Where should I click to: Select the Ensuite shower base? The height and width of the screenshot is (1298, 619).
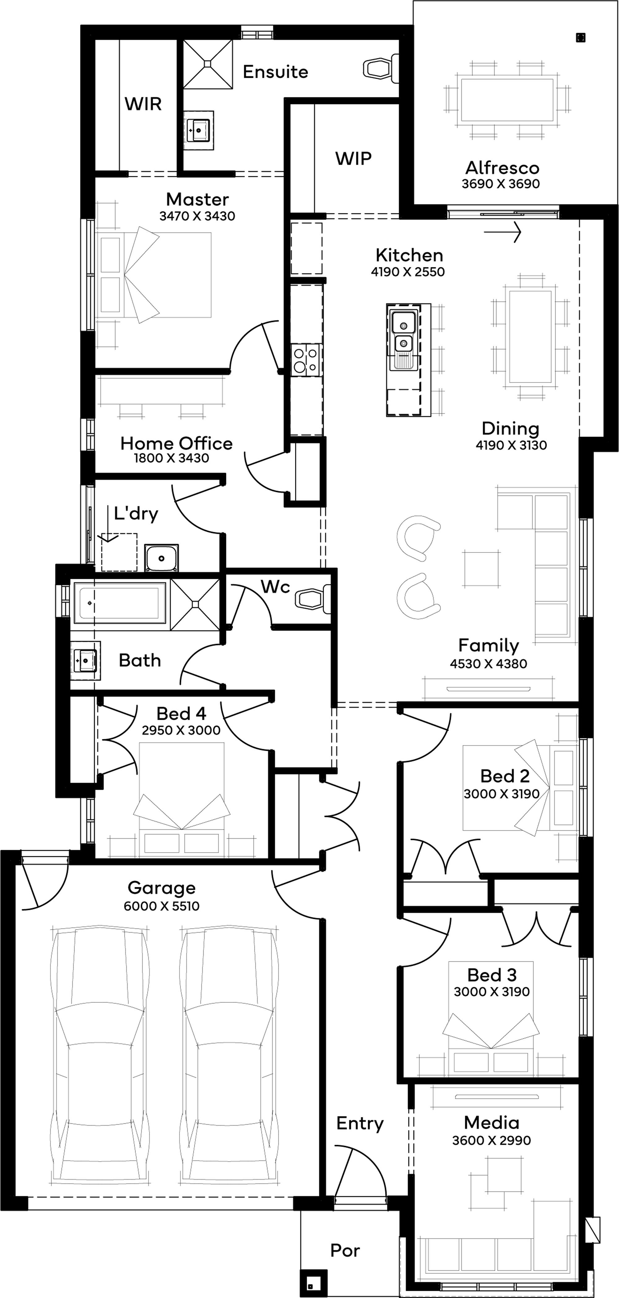tap(207, 63)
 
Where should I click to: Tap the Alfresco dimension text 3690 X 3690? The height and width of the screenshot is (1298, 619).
tap(501, 184)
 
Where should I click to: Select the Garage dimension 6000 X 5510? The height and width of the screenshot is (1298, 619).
tap(162, 906)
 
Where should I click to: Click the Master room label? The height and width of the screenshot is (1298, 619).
tap(197, 199)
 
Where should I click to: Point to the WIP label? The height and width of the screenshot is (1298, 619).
tap(353, 159)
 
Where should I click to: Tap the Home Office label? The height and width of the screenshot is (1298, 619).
tap(176, 444)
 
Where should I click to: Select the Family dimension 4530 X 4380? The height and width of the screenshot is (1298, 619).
tap(489, 664)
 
